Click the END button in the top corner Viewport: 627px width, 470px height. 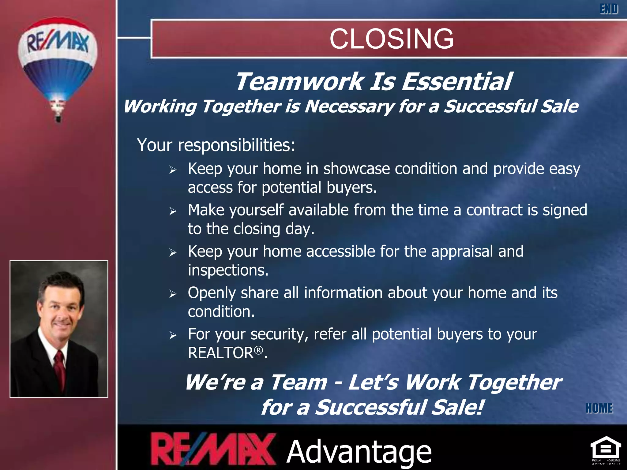pyautogui.click(x=609, y=9)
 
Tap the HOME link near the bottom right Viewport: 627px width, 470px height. pyautogui.click(x=599, y=408)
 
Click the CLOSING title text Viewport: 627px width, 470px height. pyautogui.click(x=392, y=39)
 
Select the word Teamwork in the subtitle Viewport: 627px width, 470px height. pyautogui.click(x=299, y=82)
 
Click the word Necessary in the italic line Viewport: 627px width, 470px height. pyautogui.click(x=349, y=106)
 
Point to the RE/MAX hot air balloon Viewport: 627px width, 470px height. pyautogui.click(x=58, y=61)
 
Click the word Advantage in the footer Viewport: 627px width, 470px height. pyautogui.click(x=359, y=452)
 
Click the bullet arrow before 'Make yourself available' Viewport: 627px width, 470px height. pyautogui.click(x=173, y=211)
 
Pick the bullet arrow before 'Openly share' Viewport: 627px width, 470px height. pyautogui.click(x=173, y=294)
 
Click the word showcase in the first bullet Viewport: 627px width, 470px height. pyautogui.click(x=357, y=169)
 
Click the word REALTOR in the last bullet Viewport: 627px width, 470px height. pyautogui.click(x=221, y=353)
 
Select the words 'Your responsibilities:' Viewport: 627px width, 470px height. pyautogui.click(x=216, y=145)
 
